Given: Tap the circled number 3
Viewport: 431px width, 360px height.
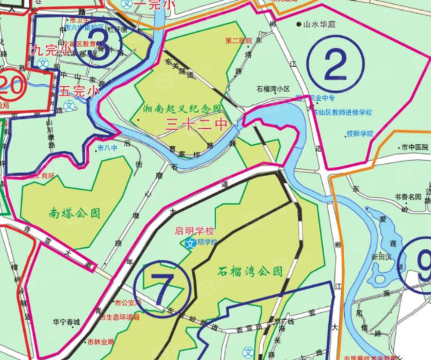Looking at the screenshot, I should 99,48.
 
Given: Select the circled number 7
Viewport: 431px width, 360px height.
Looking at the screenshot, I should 162,286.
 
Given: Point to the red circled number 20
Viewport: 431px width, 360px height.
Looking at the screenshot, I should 12,86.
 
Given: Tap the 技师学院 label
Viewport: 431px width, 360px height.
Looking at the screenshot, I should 360,133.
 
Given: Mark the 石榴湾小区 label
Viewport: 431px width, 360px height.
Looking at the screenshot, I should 274,88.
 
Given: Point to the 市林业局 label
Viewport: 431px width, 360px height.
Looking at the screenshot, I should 101,342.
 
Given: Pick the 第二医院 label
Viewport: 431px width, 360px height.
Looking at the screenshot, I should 239,41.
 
